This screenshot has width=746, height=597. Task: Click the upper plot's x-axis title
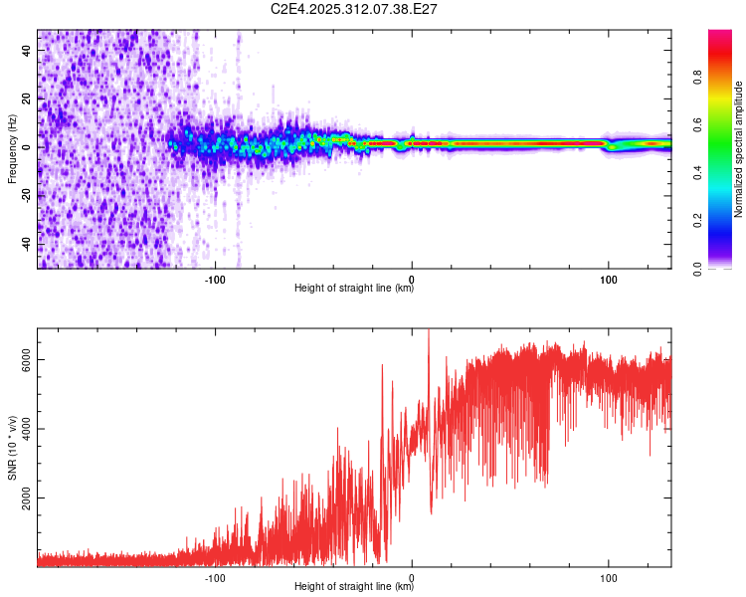tap(354, 289)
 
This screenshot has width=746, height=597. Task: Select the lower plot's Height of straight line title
tap(354, 586)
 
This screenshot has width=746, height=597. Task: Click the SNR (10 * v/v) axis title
tap(12, 447)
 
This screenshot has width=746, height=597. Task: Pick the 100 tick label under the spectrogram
tap(608, 278)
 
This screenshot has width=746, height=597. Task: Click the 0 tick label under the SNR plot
tap(412, 576)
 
